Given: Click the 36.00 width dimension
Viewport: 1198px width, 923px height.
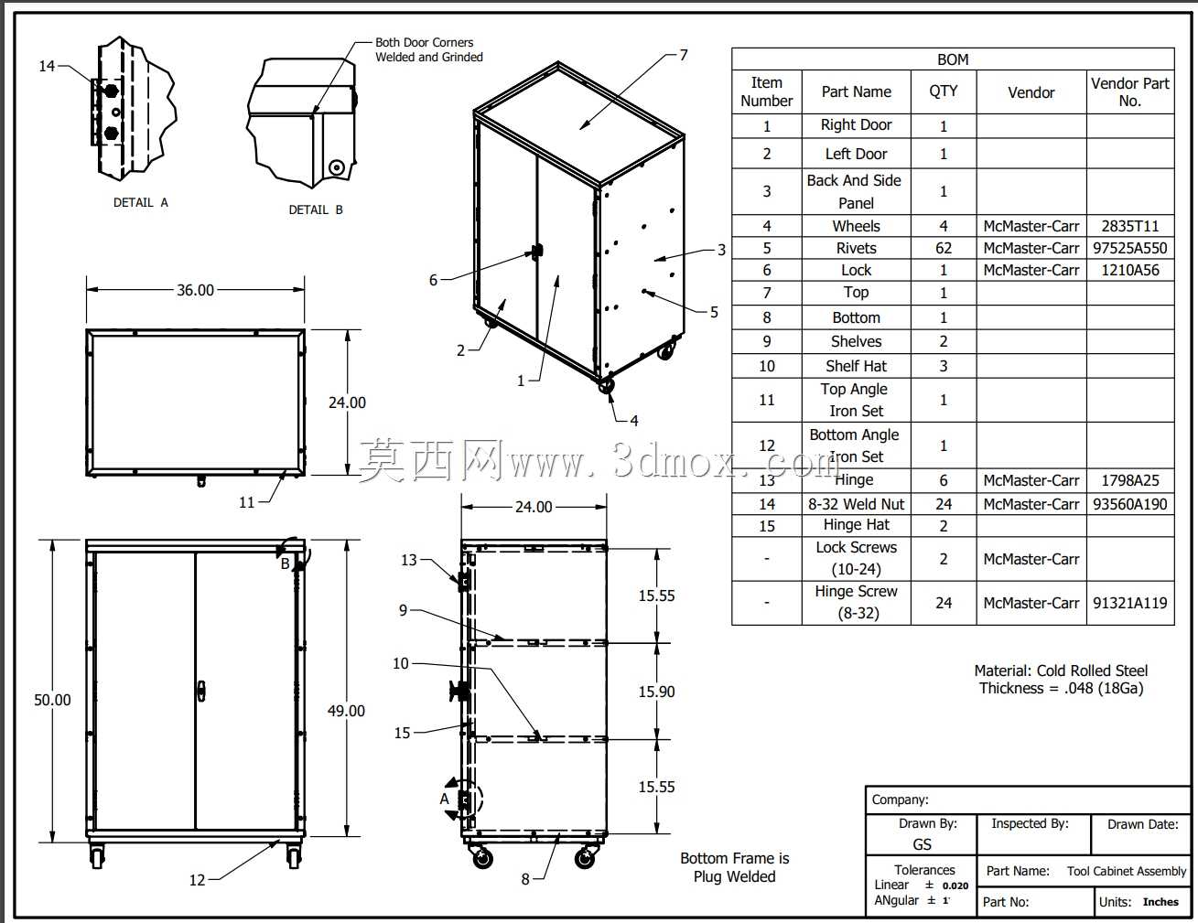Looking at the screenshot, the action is pos(195,290).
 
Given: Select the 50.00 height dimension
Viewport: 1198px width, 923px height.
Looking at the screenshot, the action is pos(52,700).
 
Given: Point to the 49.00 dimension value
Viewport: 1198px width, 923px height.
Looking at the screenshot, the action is pos(346,711).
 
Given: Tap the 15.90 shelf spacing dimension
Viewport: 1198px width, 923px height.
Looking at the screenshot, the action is pos(656,692).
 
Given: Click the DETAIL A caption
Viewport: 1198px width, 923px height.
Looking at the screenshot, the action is pos(141,202).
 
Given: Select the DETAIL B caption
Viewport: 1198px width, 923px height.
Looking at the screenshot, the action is pos(316,209).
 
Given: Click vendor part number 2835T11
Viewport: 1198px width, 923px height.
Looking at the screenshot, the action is pos(1130,226).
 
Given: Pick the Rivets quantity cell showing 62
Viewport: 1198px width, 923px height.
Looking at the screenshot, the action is pos(944,248).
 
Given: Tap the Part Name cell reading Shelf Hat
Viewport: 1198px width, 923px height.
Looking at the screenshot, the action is pos(857,366).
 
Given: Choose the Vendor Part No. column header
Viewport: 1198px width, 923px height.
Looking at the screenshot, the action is pos(1130,92).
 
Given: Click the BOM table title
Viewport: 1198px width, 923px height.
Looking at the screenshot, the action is pos(953,59).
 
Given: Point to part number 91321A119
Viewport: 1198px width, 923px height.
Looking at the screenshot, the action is pos(1130,603).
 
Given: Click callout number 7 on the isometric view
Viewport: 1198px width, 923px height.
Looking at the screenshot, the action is pos(684,55).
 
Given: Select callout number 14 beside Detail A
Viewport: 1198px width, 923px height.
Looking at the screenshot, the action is pos(47,66).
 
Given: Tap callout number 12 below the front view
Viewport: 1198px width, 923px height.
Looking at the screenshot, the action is pos(198,880).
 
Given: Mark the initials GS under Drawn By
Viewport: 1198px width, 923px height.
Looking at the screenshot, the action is pos(922,844).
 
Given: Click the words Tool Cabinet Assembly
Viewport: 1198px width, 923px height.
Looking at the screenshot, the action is pos(1127,871).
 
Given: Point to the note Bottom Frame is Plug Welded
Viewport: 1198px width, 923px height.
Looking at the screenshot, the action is pos(734,867).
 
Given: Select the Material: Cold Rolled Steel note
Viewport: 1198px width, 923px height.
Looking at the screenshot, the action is pos(1061,671).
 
